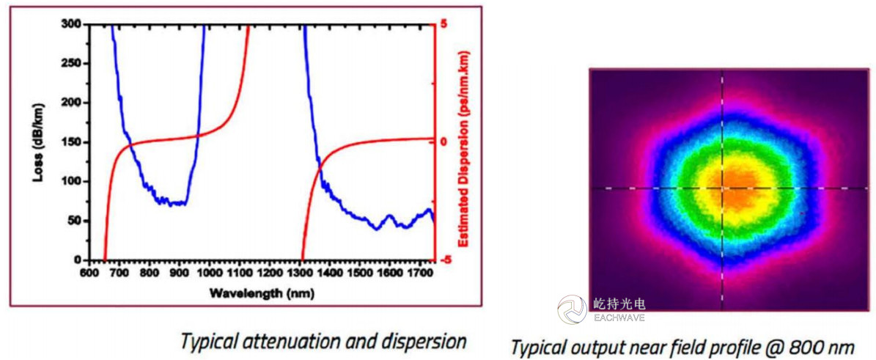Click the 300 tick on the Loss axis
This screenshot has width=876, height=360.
(71, 24)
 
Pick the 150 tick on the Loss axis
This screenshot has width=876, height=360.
(71, 142)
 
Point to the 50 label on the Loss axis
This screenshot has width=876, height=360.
(74, 221)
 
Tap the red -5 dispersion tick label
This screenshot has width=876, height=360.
(443, 260)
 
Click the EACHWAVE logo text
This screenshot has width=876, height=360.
(617, 317)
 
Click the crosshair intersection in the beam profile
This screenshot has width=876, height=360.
(723, 188)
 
